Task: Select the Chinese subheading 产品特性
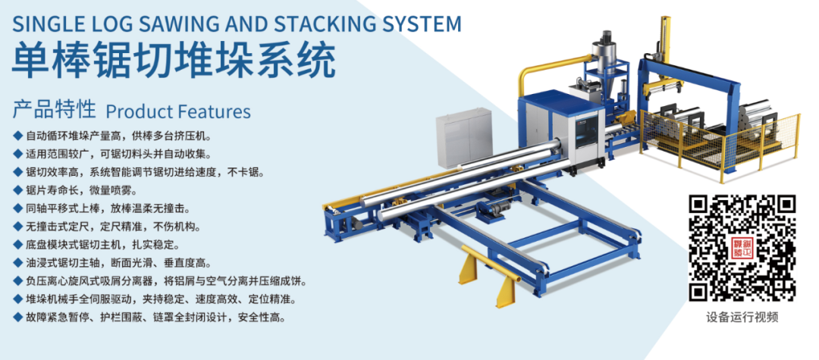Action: (54, 110)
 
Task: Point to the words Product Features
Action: (178, 111)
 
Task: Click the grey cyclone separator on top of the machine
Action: (607, 57)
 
